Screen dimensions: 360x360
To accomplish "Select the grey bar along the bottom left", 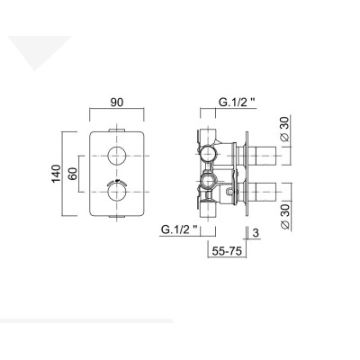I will click(x=85, y=320).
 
